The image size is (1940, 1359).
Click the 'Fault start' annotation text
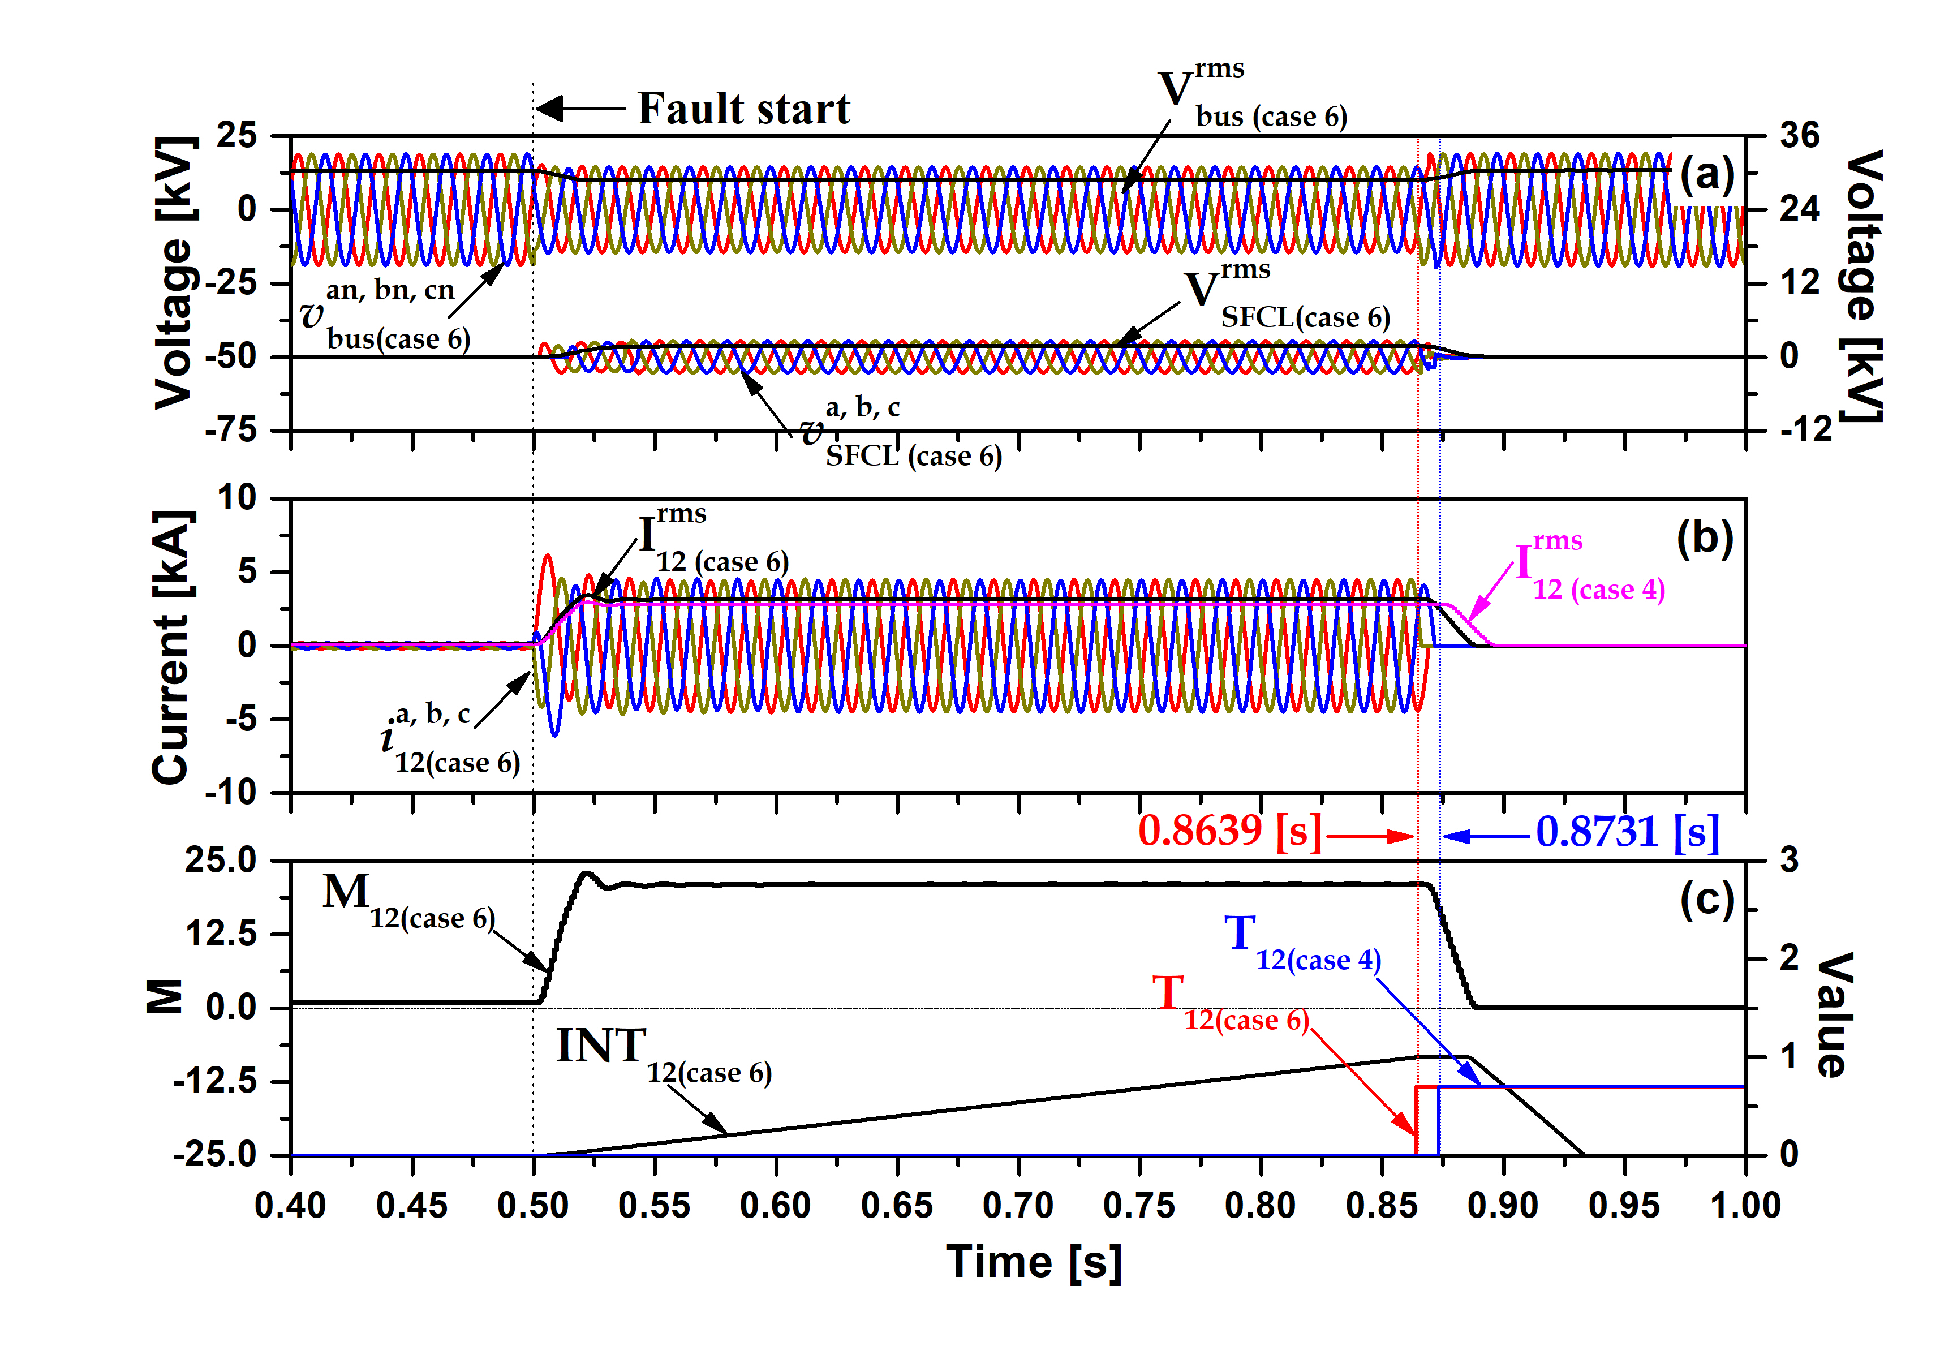pos(743,109)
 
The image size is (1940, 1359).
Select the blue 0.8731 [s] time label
pos(1627,832)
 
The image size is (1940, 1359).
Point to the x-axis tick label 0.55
pos(654,1205)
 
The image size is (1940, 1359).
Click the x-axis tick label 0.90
pos(1503,1205)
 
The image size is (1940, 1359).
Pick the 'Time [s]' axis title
pos(1034,1263)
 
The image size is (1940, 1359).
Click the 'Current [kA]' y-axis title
pos(171,647)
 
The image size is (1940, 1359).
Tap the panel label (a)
pos(1707,175)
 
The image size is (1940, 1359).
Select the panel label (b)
pos(1705,537)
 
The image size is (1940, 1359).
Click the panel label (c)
pos(1707,900)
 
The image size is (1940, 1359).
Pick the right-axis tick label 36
pos(1800,136)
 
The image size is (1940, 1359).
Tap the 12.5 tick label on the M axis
pos(221,934)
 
